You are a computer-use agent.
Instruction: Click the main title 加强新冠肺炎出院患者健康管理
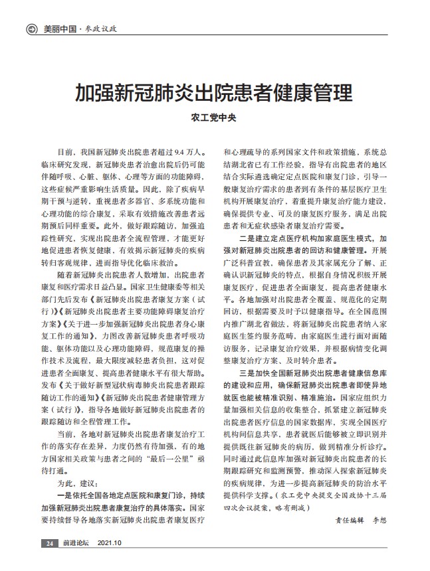coord(213,91)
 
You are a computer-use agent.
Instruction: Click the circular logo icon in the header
coord(31,29)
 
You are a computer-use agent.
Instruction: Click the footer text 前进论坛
coord(76,544)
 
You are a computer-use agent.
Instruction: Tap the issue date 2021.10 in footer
coord(110,544)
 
